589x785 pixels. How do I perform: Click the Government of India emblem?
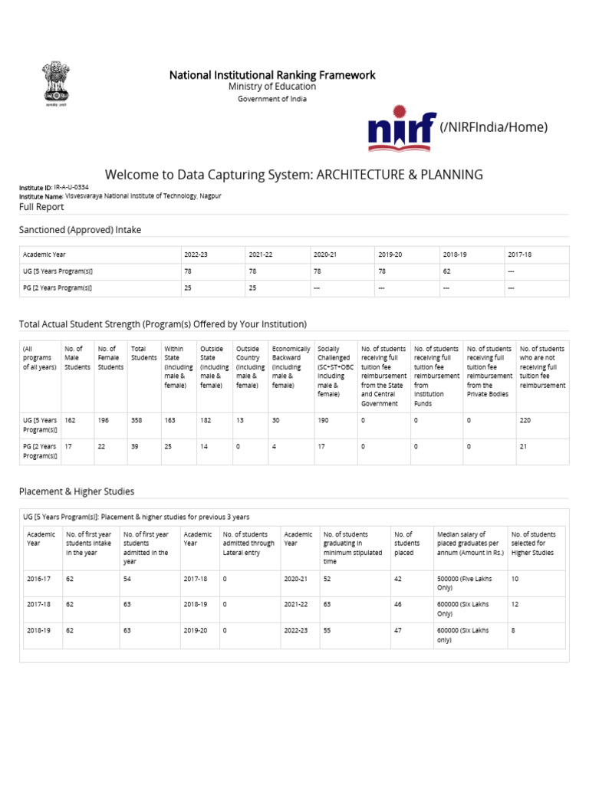[54, 88]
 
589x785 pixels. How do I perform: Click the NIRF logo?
[401, 127]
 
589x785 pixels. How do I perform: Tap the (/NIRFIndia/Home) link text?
[493, 127]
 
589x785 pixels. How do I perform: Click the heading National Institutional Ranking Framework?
[272, 74]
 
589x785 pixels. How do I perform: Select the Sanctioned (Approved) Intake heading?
[80, 230]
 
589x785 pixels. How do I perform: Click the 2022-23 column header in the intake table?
[197, 255]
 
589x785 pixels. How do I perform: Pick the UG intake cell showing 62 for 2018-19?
[447, 271]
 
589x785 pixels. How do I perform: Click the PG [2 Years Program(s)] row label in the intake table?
[58, 288]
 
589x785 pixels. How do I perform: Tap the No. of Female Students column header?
[110, 358]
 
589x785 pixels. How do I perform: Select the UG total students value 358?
[138, 421]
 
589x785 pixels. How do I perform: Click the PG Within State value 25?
[169, 446]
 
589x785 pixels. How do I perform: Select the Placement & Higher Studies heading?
[76, 491]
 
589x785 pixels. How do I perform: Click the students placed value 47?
[398, 631]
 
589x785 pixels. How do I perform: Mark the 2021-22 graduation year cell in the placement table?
[295, 605]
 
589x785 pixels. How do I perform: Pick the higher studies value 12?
[515, 605]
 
